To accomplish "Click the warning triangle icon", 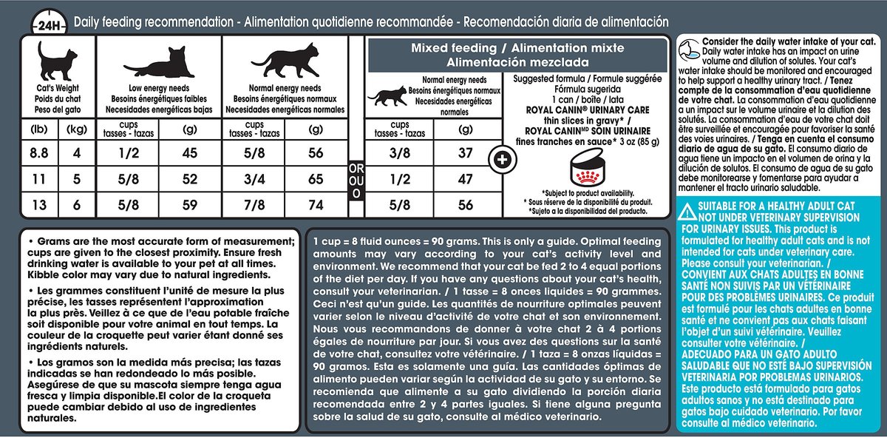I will (x=687, y=212).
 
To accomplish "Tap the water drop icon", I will (x=689, y=51).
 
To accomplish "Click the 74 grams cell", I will (x=316, y=206).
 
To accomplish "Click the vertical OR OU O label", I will (x=356, y=181).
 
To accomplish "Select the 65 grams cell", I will (x=316, y=181).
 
